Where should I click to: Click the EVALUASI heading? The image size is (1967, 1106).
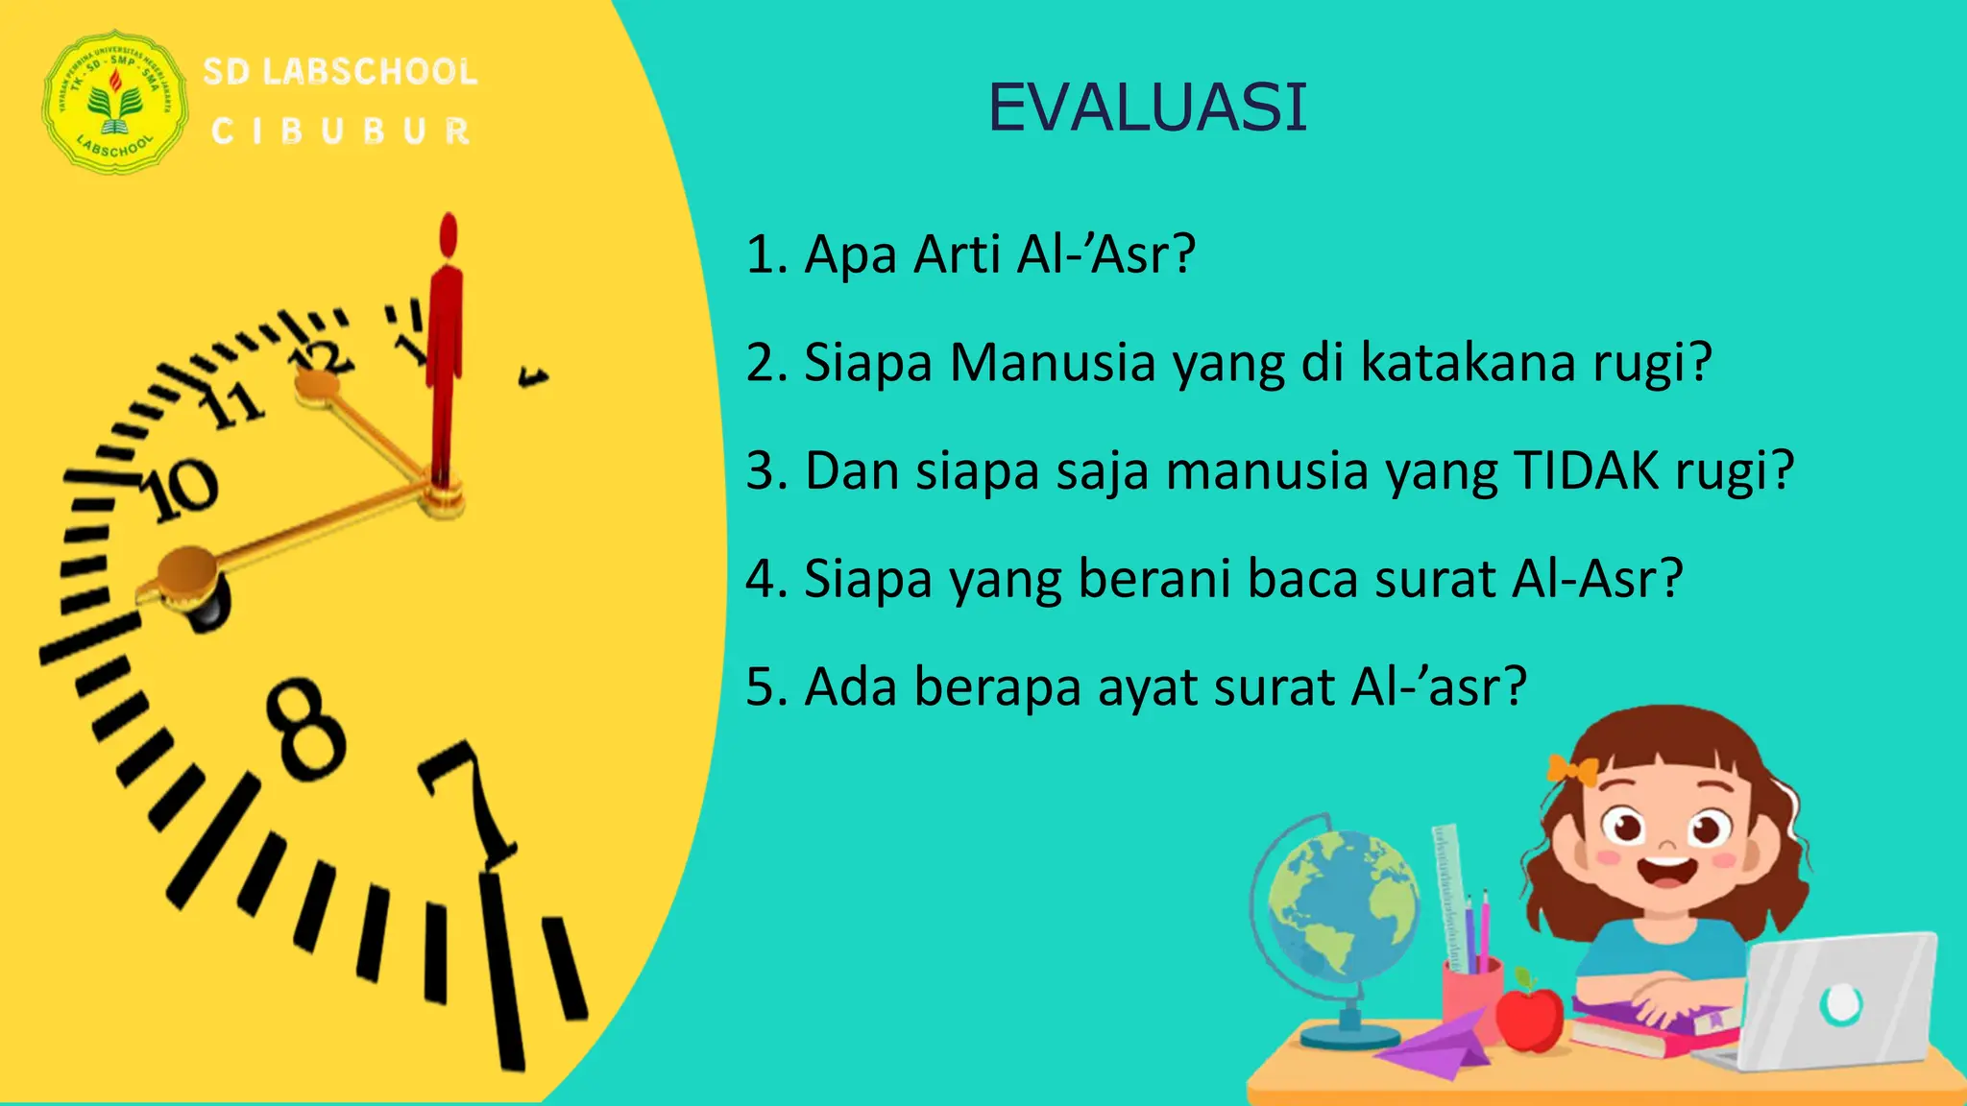[x=1148, y=107]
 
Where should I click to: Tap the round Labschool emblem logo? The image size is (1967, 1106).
[x=115, y=102]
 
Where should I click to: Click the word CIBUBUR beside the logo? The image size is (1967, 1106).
[x=341, y=132]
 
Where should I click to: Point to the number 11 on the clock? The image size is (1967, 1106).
[x=231, y=404]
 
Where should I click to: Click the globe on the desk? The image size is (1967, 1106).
[x=1340, y=907]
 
